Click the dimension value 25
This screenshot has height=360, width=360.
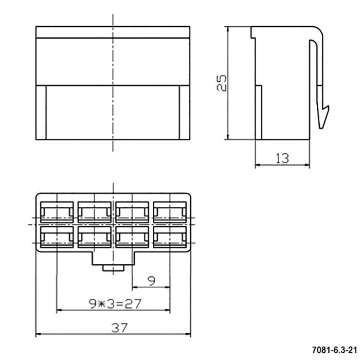coord(222,83)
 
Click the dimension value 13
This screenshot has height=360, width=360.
coord(282,158)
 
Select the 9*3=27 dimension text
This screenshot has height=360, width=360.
coord(115,304)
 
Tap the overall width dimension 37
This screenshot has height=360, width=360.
coord(119,328)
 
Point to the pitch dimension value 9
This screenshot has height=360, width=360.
coord(151,281)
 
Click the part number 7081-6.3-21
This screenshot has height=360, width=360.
coord(334,350)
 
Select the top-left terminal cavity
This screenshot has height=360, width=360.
coord(57,212)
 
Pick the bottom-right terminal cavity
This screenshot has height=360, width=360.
coord(170,237)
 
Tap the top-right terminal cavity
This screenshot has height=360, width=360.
coord(170,212)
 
